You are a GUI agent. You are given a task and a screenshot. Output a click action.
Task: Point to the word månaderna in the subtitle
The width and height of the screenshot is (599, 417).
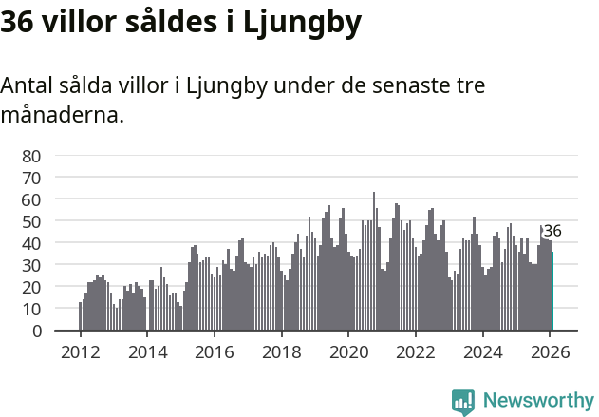click(x=62, y=117)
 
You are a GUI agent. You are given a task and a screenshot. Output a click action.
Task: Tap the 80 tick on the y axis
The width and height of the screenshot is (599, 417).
click(x=31, y=156)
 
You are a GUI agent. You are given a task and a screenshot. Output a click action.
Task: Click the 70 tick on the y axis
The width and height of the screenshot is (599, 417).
click(x=31, y=178)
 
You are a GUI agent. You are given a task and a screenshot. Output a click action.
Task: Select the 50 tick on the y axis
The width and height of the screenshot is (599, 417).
click(x=31, y=221)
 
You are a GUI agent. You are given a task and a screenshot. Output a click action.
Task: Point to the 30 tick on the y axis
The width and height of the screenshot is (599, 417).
click(x=31, y=265)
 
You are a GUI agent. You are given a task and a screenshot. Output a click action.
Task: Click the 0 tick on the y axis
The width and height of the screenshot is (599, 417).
click(x=36, y=331)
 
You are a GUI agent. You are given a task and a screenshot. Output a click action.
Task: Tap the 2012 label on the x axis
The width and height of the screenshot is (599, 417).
click(x=80, y=351)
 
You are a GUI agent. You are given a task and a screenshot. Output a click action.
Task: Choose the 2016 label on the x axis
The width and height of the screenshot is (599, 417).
click(x=215, y=351)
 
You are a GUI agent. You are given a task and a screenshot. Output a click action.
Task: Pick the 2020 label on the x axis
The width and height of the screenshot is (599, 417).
click(x=349, y=351)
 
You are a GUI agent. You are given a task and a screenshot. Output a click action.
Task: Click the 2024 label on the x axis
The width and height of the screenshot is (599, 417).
click(x=484, y=351)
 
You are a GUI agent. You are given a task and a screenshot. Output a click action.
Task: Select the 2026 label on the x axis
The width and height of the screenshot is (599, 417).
click(x=552, y=351)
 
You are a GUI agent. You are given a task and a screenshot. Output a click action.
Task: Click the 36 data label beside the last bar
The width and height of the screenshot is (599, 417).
click(x=552, y=231)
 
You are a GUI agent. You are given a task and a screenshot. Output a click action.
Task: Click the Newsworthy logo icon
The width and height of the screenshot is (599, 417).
click(x=463, y=402)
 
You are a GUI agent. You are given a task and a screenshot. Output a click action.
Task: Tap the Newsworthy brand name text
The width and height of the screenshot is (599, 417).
click(x=537, y=401)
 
